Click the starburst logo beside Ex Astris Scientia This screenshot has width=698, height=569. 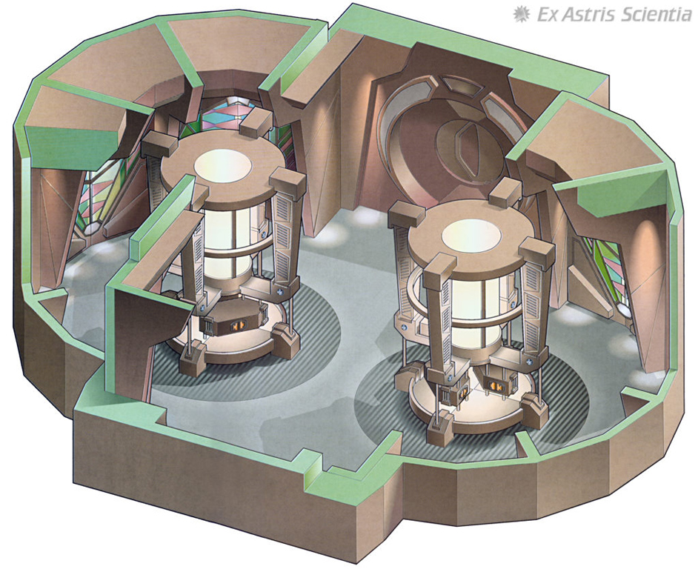(520, 14)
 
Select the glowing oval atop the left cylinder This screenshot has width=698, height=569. (222, 164)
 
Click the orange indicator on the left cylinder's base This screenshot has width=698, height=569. (235, 326)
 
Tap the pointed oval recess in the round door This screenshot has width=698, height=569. (469, 150)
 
